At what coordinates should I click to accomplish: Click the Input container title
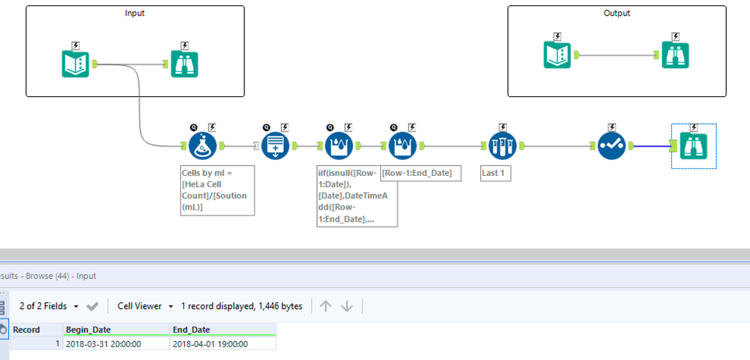(135, 14)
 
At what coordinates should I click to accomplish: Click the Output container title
(616, 14)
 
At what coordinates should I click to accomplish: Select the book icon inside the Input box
(76, 64)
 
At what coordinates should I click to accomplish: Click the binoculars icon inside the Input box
(185, 64)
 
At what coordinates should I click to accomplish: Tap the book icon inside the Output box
(557, 55)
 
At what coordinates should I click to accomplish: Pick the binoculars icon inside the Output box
(676, 55)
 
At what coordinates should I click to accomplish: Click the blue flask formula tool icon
(204, 146)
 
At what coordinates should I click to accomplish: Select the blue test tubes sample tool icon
(503, 146)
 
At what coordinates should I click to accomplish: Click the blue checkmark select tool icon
(612, 146)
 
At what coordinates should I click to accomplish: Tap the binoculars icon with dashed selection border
(693, 146)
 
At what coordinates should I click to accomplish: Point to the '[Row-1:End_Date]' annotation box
(421, 173)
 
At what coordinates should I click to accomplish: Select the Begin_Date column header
(116, 329)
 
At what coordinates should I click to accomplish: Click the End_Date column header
(223, 329)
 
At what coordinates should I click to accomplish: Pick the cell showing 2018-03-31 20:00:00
(116, 343)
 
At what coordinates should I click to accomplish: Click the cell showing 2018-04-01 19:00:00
(223, 343)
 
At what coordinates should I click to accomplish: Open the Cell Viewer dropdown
(145, 306)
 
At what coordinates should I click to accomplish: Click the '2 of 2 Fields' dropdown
(49, 306)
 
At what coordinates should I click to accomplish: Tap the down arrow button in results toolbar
(346, 306)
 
